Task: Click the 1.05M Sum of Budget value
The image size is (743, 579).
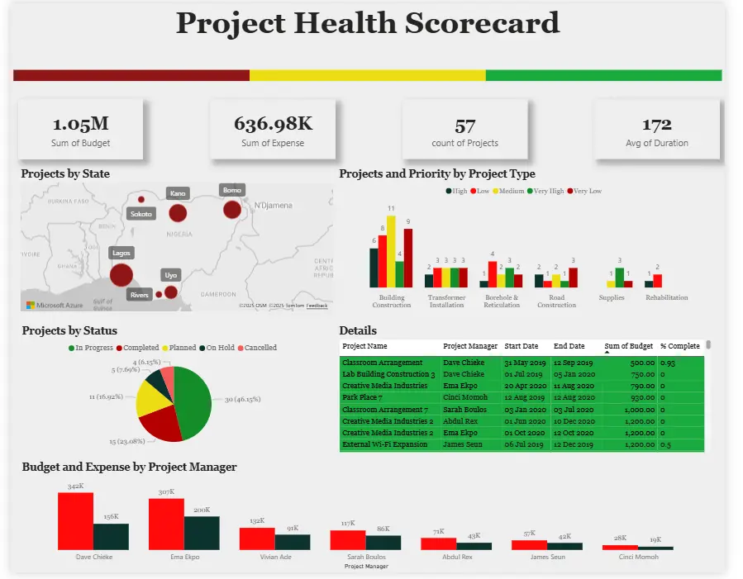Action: (x=81, y=125)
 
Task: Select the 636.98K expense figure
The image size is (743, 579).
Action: (x=273, y=124)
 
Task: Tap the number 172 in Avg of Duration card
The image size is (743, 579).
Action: (x=656, y=125)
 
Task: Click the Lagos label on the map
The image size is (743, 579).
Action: (x=121, y=253)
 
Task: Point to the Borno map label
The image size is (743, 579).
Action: (x=232, y=190)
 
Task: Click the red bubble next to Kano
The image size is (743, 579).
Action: (x=178, y=213)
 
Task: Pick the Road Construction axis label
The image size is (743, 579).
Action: (x=556, y=301)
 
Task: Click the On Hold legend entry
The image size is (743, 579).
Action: (x=217, y=348)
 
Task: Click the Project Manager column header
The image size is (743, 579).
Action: (x=470, y=346)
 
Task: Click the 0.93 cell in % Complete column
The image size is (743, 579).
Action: (x=668, y=363)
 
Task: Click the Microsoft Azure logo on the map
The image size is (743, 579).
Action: (x=55, y=306)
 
